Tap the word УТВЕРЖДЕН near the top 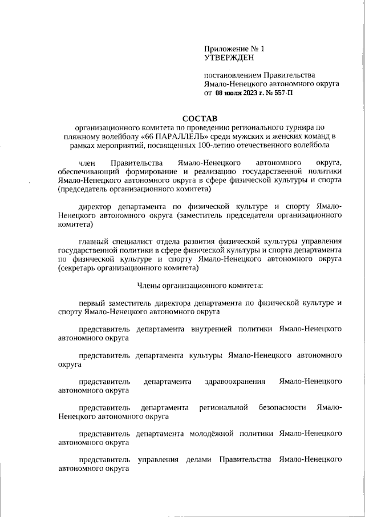click(x=228, y=57)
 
